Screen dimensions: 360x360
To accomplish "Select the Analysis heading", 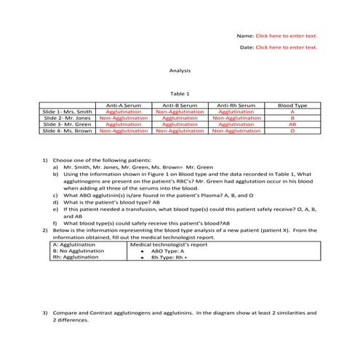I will [180, 71].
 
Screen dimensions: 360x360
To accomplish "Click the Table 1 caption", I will [180, 94].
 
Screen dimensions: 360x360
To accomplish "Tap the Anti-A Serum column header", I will [124, 105].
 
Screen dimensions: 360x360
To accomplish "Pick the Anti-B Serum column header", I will [180, 105].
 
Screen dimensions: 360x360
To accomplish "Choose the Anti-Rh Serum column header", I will [236, 105].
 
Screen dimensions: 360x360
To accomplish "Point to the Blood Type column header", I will [292, 105].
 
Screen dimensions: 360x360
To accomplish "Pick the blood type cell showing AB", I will [292, 124].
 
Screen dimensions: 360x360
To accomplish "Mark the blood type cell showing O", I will [292, 131].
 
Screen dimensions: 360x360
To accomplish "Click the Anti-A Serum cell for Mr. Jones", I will [124, 118].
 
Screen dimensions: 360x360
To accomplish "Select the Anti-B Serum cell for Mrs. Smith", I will [180, 112].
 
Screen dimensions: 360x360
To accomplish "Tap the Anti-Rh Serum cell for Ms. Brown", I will [236, 131].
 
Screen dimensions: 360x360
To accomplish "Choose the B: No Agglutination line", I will [79, 251].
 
